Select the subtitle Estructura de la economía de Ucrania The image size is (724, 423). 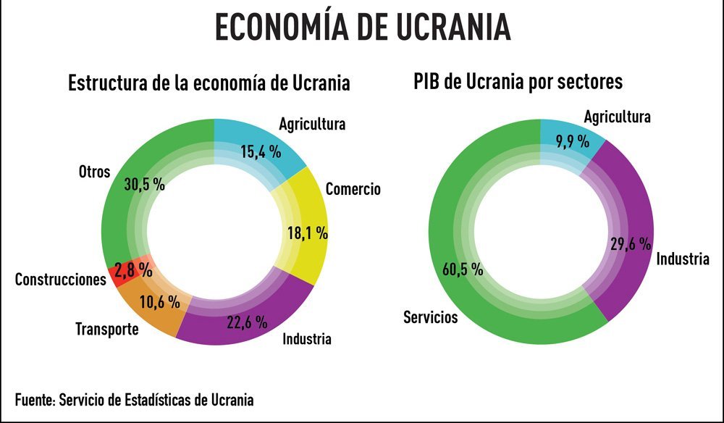[x=209, y=83]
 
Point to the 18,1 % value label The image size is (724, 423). [x=304, y=233]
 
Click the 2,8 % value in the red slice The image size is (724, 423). [x=135, y=271]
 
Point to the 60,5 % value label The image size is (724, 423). [x=462, y=269]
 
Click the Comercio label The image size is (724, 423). [x=353, y=190]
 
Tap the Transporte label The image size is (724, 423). [x=107, y=330]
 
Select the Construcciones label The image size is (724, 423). [x=61, y=280]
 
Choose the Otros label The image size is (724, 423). [x=94, y=172]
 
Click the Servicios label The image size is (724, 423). [x=431, y=317]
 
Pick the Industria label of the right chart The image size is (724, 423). [x=683, y=259]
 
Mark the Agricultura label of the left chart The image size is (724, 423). [x=312, y=124]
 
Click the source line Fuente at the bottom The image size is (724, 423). [x=134, y=399]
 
